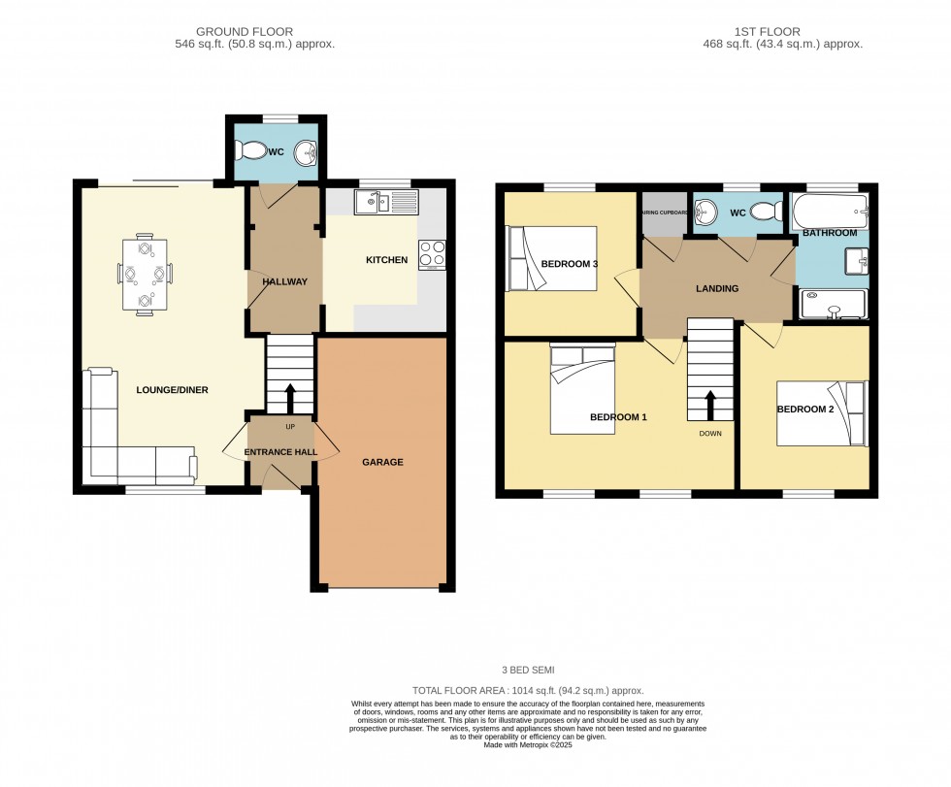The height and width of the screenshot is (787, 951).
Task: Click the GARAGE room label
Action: pyautogui.click(x=381, y=462)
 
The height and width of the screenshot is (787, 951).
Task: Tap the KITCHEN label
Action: pyautogui.click(x=386, y=260)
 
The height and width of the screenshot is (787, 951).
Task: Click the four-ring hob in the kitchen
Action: pyautogui.click(x=432, y=254)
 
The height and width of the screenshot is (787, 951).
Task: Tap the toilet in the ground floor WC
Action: pyautogui.click(x=253, y=151)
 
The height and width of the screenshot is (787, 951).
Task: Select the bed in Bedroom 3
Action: pyautogui.click(x=550, y=259)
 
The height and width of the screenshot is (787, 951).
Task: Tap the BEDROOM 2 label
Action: pyautogui.click(x=804, y=409)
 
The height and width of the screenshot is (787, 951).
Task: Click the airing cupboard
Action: pyautogui.click(x=664, y=213)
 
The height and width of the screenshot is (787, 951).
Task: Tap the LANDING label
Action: pyautogui.click(x=717, y=288)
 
